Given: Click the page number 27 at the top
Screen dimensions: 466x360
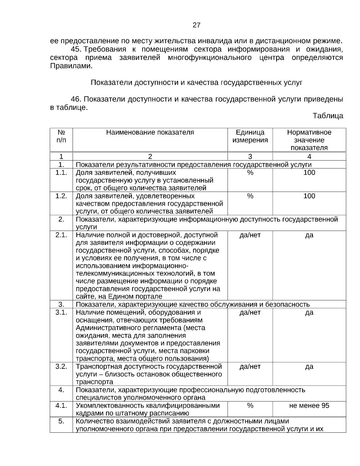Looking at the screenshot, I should pos(196,25).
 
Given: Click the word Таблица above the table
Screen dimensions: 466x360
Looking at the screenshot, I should pos(328,116).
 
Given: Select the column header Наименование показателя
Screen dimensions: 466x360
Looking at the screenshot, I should pos(150,133).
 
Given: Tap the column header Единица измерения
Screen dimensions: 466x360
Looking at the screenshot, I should pos(250,136).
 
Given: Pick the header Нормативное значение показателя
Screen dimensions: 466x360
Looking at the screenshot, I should pos(309,140).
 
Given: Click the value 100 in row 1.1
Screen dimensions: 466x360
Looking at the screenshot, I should pos(309,173).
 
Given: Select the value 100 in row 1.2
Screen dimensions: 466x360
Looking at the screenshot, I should pos(309,196).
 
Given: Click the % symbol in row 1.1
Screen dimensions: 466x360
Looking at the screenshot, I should pos(250,173).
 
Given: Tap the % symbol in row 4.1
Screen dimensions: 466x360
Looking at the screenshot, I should pos(250,406).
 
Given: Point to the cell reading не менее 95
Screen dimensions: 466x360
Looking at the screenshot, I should pos(309,406).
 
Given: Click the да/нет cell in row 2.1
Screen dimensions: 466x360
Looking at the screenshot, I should pos(250,235).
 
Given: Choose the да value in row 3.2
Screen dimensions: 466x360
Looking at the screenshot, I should pos(309,367).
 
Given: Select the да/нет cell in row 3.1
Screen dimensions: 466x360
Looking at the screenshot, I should pos(250,313).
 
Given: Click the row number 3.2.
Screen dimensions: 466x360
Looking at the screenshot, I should pos(61,367).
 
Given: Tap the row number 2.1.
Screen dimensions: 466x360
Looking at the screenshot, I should pos(61,235).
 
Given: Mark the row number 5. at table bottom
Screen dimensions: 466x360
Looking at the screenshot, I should pos(61,421).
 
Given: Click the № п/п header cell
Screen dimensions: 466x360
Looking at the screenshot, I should pos(61,136).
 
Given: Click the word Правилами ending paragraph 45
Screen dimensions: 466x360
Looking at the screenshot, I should pos(71,66).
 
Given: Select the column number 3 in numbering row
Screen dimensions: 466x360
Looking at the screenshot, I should pos(250,156).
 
